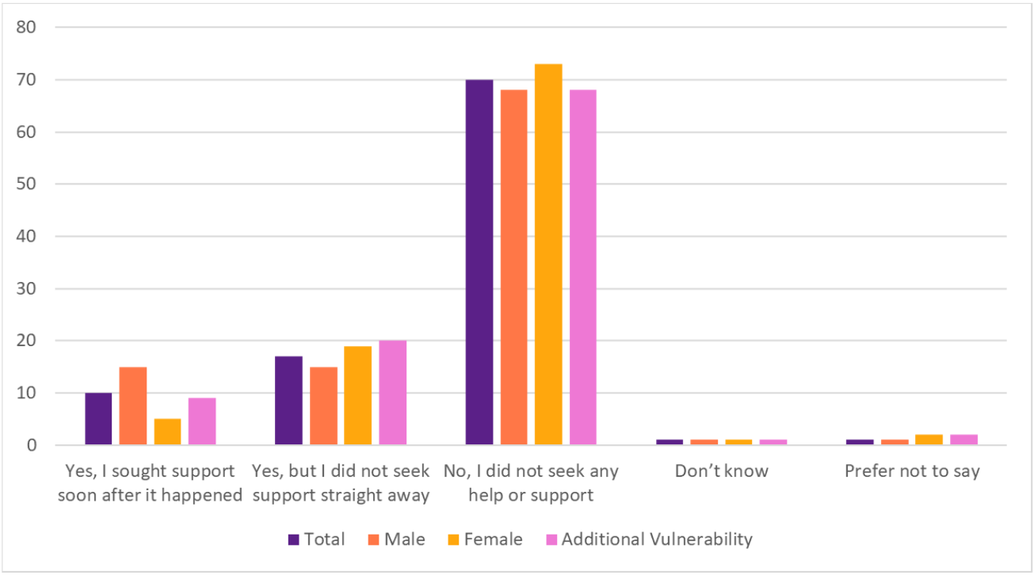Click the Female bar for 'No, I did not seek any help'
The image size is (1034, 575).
click(x=548, y=254)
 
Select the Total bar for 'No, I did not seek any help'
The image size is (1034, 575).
click(x=479, y=262)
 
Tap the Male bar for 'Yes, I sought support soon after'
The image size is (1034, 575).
click(x=133, y=406)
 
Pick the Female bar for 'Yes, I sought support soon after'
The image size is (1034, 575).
click(x=167, y=432)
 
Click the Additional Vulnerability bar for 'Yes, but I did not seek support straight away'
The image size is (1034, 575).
click(x=392, y=393)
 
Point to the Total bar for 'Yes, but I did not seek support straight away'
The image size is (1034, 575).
click(x=288, y=401)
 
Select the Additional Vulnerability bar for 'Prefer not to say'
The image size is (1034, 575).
click(x=963, y=440)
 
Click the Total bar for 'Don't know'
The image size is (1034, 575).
click(x=670, y=442)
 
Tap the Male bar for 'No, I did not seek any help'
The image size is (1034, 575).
click(x=513, y=267)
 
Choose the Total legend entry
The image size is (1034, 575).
click(x=316, y=539)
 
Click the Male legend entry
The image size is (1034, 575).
click(x=395, y=539)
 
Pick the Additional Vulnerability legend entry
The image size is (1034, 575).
click(x=649, y=539)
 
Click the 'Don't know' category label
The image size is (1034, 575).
click(x=721, y=471)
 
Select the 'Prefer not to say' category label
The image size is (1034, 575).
click(x=912, y=471)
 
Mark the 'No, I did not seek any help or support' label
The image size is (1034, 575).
click(x=530, y=483)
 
